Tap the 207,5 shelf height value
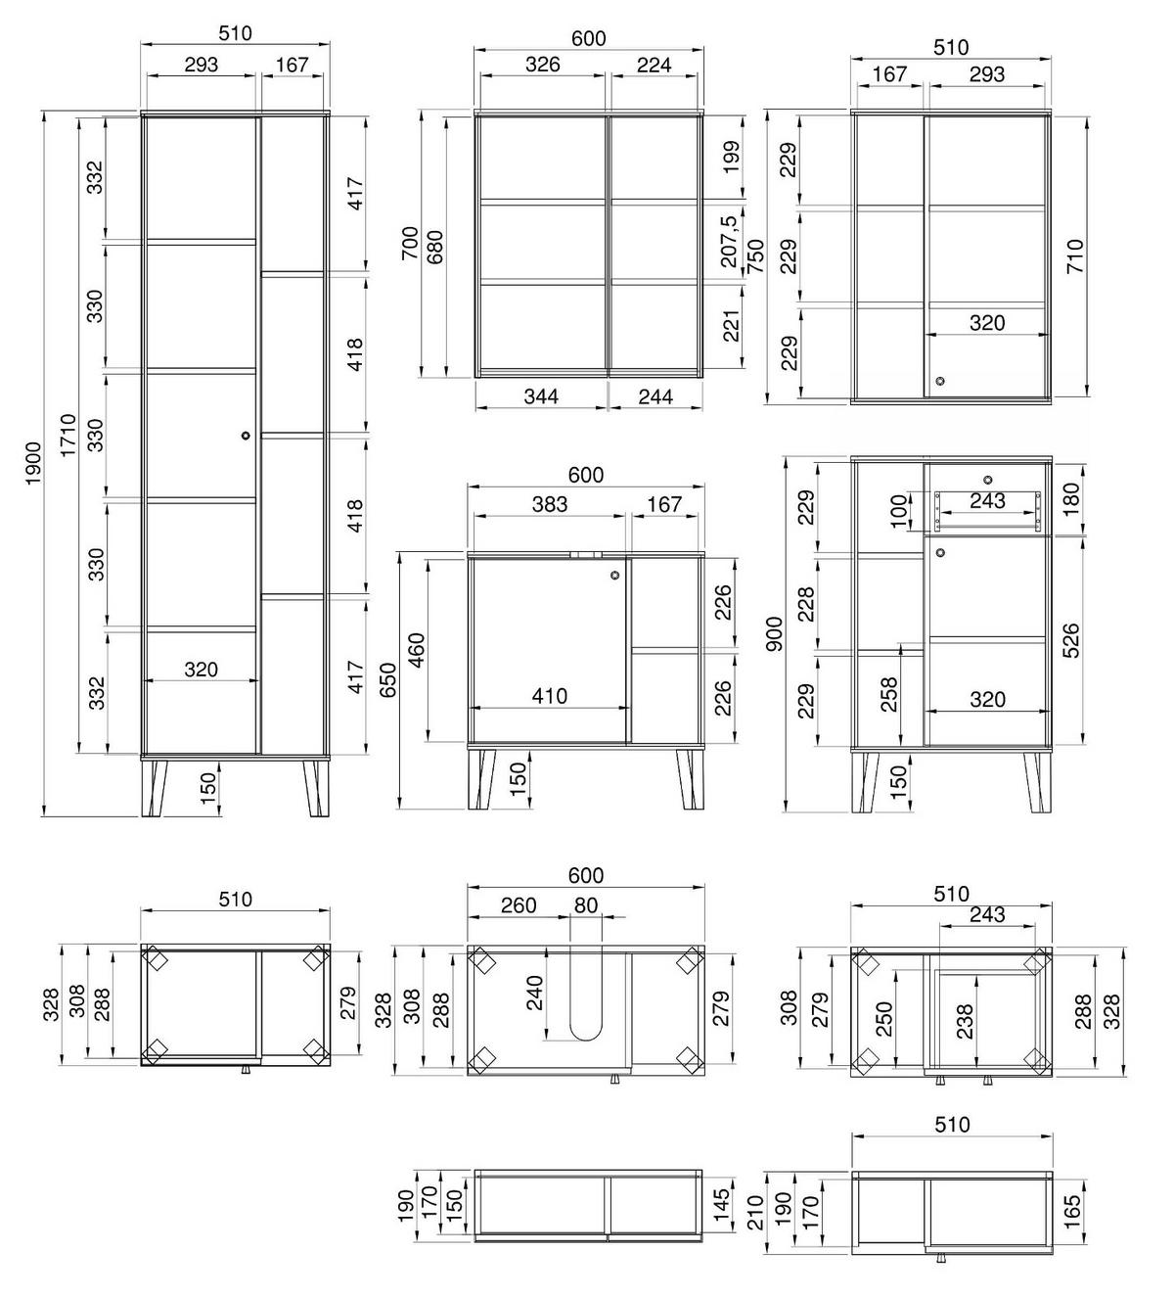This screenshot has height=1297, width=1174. [729, 242]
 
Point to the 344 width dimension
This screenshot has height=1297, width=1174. [541, 396]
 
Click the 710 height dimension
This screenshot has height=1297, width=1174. [1075, 256]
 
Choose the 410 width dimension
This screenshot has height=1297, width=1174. [549, 696]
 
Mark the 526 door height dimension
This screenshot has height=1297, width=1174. [1071, 641]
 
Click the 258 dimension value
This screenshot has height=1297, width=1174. [890, 695]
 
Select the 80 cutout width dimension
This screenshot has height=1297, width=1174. [585, 905]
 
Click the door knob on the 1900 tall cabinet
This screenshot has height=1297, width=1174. [245, 436]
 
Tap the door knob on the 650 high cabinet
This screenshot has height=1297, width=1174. [613, 576]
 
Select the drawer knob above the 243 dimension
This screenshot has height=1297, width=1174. [987, 480]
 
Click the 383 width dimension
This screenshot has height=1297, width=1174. [549, 504]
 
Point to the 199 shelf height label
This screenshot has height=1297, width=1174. [729, 157]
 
